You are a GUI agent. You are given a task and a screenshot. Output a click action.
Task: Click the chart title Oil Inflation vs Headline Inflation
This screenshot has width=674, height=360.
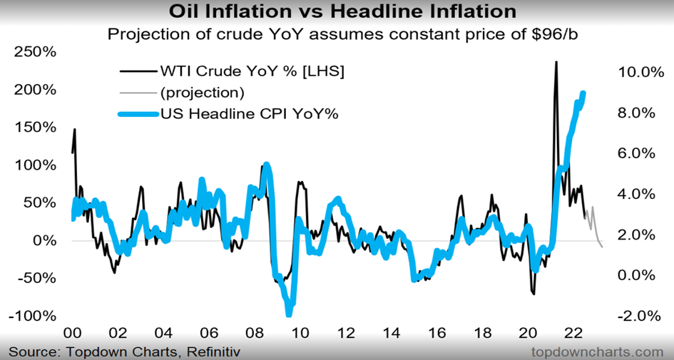[x=336, y=11]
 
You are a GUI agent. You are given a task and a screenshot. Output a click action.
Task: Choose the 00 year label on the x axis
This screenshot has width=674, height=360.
[x=72, y=333]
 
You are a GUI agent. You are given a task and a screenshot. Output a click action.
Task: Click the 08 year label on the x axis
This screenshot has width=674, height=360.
[x=255, y=333]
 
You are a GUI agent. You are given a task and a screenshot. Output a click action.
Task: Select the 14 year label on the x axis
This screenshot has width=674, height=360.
[x=392, y=333]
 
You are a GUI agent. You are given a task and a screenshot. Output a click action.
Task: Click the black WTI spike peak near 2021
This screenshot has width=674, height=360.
[x=556, y=62]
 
